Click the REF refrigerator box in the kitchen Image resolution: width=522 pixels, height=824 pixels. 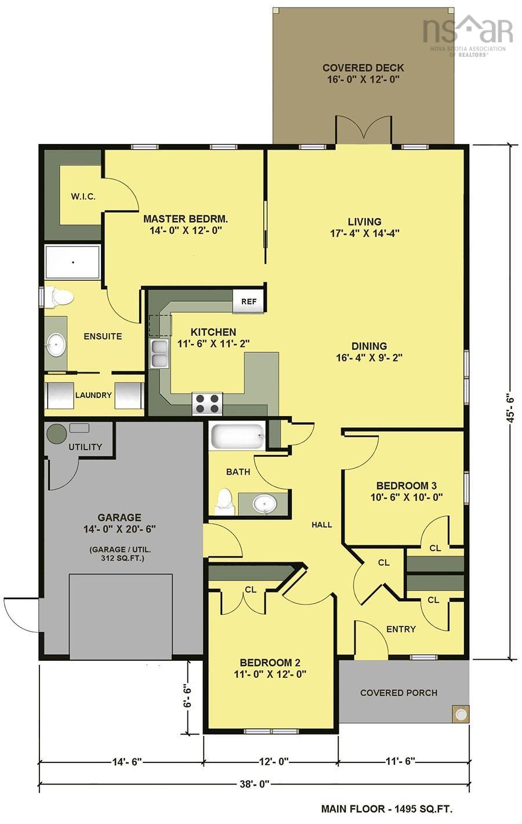249,301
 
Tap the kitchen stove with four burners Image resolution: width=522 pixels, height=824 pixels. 207,403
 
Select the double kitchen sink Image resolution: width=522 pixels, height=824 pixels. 159,354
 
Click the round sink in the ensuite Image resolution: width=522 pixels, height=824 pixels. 56,345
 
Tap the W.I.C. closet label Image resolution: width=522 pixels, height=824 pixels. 83,197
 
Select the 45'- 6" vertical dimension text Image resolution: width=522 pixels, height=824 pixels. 512,407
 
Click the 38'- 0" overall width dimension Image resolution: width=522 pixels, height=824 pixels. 255,785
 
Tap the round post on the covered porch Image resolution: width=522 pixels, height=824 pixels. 461,714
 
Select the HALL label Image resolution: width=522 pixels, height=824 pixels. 322,525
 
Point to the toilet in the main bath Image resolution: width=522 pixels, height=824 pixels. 223,501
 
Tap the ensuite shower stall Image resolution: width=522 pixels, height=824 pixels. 73,262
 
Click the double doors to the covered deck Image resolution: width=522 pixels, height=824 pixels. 363,129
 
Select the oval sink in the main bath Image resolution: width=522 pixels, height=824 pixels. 266,504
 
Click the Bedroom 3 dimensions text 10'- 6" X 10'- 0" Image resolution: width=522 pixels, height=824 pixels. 406,497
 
